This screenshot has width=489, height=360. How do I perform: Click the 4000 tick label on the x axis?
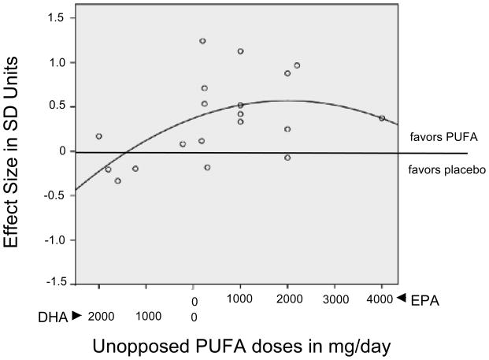pos(380,299)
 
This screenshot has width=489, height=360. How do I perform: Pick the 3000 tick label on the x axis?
pos(335,299)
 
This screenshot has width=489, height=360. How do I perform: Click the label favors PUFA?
pos(435,136)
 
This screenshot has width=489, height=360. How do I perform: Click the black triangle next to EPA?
pos(401,298)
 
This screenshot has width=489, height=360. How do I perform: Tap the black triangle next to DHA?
pos(76,316)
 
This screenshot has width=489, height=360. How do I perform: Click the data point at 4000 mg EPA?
pos(382,118)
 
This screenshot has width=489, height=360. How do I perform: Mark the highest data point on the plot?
pos(202,41)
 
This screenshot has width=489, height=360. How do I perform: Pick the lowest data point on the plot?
pos(118,180)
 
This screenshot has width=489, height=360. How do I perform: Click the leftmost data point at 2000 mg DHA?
pos(99,136)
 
